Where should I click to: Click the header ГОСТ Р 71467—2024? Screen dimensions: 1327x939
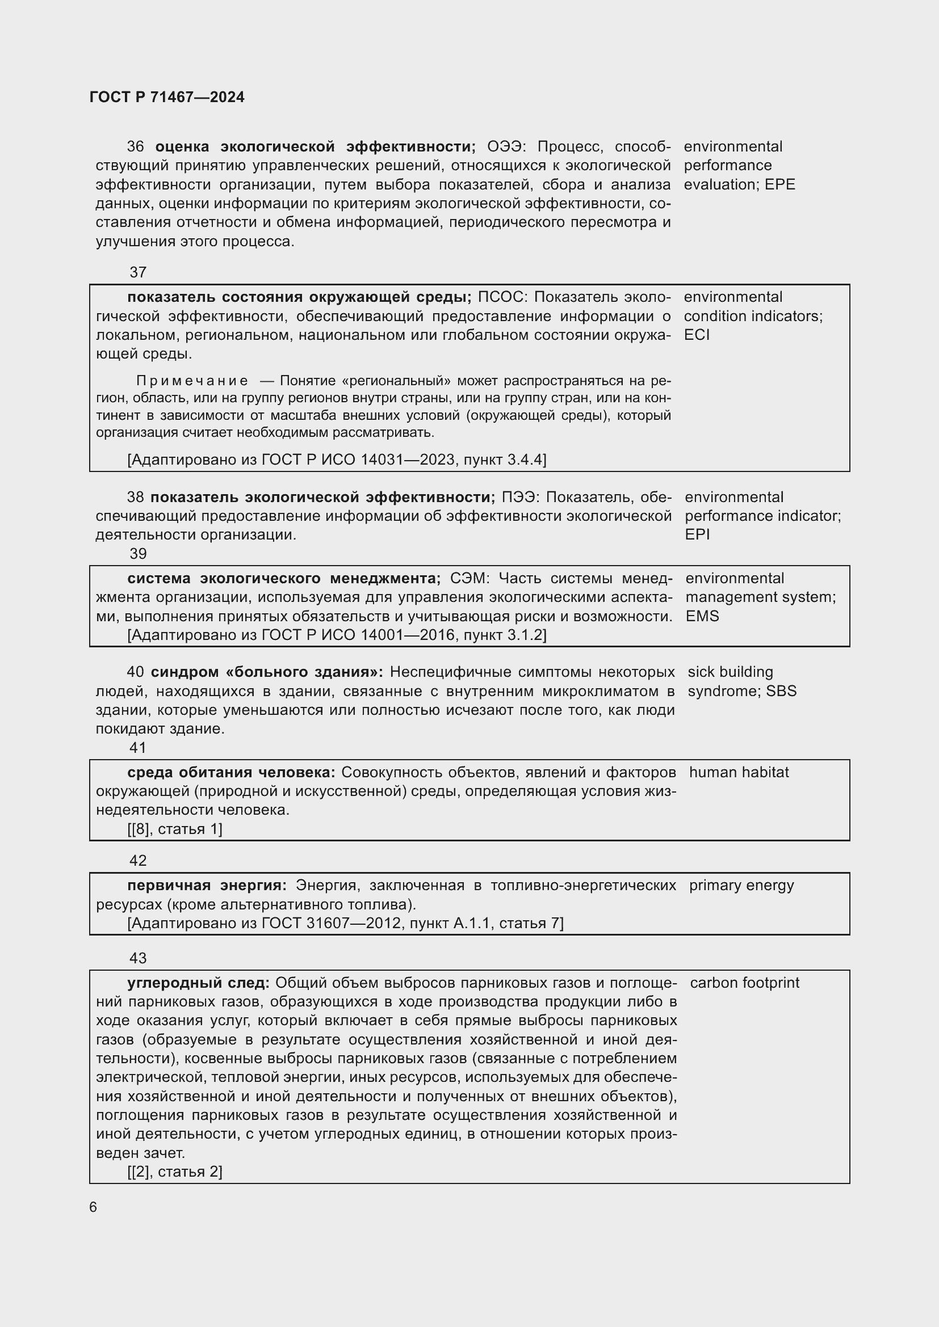[167, 97]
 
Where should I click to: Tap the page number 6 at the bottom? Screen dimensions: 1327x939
[93, 1207]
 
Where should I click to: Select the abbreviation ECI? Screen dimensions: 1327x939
[696, 335]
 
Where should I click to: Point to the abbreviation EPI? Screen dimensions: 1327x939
[697, 534]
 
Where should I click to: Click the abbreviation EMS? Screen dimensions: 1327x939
[702, 616]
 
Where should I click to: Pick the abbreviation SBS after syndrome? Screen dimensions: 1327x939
[781, 691]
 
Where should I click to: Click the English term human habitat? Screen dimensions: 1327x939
[739, 772]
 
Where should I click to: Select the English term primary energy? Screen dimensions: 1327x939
[741, 886]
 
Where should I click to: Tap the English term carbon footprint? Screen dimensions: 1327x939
[745, 983]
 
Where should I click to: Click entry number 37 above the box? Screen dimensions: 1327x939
[138, 272]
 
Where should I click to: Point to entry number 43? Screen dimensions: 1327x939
[138, 958]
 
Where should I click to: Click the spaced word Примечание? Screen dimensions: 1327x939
[192, 381]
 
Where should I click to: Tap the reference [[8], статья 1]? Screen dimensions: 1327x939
[175, 829]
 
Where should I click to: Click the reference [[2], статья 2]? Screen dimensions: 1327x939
[175, 1172]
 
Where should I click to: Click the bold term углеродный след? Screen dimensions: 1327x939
[198, 983]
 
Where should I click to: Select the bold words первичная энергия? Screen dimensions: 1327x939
[207, 886]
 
